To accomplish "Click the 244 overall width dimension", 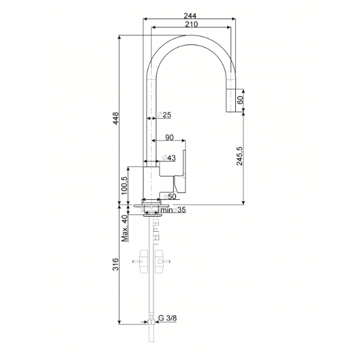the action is tap(190, 16).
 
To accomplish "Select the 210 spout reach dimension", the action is tap(191, 24).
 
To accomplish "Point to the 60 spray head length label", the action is tap(240, 100).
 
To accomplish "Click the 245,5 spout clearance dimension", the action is tap(239, 155).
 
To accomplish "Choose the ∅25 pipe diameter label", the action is tap(164, 115).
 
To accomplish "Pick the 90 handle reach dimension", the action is tap(169, 137).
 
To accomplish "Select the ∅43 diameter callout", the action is tap(169, 158).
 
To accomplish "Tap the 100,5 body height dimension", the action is tap(124, 185).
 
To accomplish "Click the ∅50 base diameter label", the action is tap(169, 197).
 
